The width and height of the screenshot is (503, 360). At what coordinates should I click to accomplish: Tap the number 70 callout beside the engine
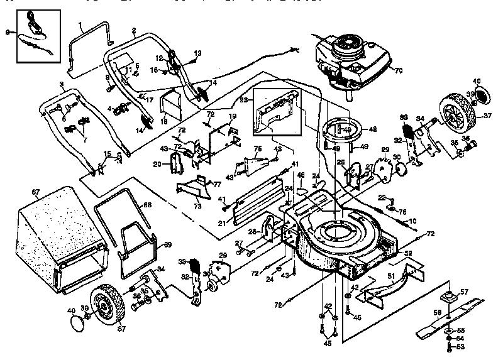click(x=397, y=70)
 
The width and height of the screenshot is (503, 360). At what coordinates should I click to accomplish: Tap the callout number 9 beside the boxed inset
click(x=8, y=31)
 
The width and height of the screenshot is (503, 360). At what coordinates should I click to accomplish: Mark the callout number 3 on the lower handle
click(x=61, y=84)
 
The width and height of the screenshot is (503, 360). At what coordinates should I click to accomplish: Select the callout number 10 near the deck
click(x=413, y=221)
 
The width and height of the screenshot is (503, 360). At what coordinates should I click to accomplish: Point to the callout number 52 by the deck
click(x=408, y=253)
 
